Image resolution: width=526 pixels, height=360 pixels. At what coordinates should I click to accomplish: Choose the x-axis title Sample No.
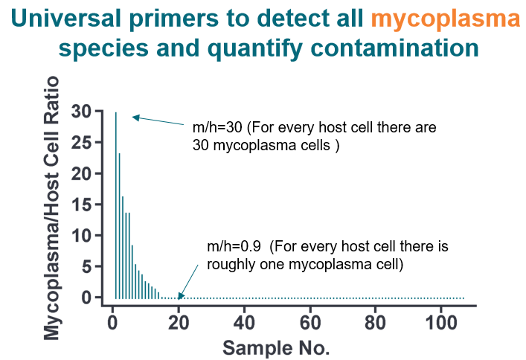click(277, 347)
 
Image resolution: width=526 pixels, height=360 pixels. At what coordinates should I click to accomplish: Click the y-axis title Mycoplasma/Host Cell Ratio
click(52, 205)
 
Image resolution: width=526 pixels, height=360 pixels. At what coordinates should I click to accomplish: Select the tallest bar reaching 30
click(115, 205)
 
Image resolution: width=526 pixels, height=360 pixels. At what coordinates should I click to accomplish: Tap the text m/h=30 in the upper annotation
click(213, 127)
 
